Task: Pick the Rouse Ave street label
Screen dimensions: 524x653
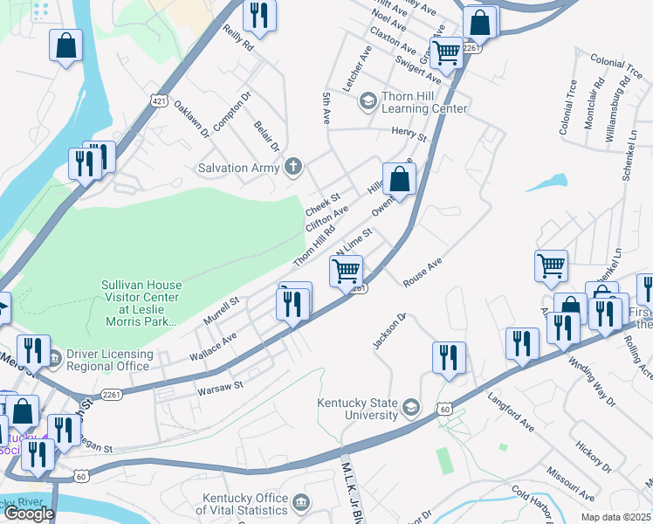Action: [x=423, y=271]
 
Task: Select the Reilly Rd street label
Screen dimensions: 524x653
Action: [x=237, y=38]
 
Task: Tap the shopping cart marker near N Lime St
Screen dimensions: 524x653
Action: [x=347, y=272]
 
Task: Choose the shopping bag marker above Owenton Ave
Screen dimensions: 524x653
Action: [x=398, y=179]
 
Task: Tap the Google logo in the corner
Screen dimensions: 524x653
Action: [x=29, y=514]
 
